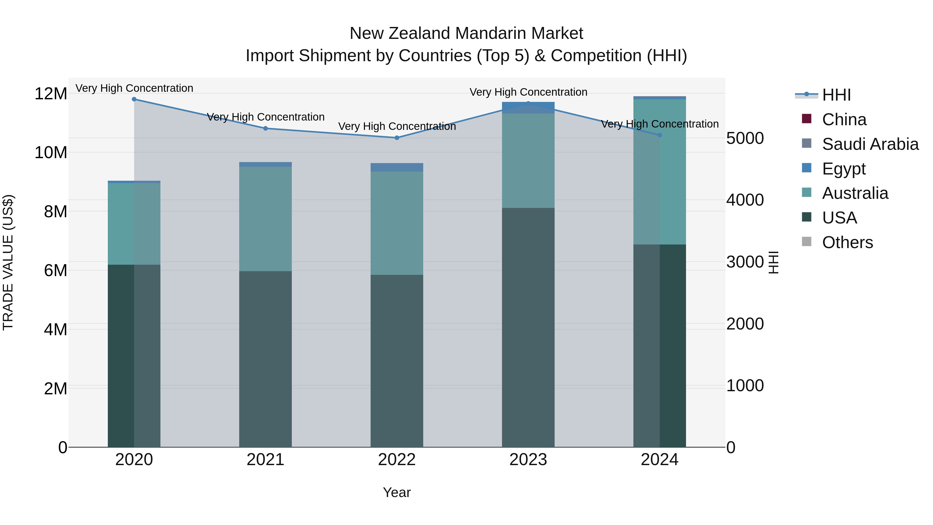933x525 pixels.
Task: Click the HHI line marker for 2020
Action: click(134, 99)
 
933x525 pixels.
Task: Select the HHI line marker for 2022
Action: click(397, 138)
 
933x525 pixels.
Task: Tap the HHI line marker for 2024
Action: click(659, 135)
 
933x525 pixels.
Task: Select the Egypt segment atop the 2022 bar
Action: click(397, 167)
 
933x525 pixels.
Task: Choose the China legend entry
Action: click(844, 120)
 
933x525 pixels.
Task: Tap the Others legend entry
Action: click(847, 242)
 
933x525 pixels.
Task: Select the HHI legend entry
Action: click(836, 95)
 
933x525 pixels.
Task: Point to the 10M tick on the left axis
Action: click(51, 152)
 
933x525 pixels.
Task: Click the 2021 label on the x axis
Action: click(265, 460)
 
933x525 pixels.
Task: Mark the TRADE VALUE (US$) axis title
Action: click(8, 262)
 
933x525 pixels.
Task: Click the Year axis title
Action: click(397, 492)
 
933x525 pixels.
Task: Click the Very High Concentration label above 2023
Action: click(528, 92)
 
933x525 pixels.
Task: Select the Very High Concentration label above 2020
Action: click(134, 88)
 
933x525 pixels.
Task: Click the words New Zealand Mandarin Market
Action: click(466, 33)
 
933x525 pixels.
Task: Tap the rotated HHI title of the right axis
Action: click(773, 262)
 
